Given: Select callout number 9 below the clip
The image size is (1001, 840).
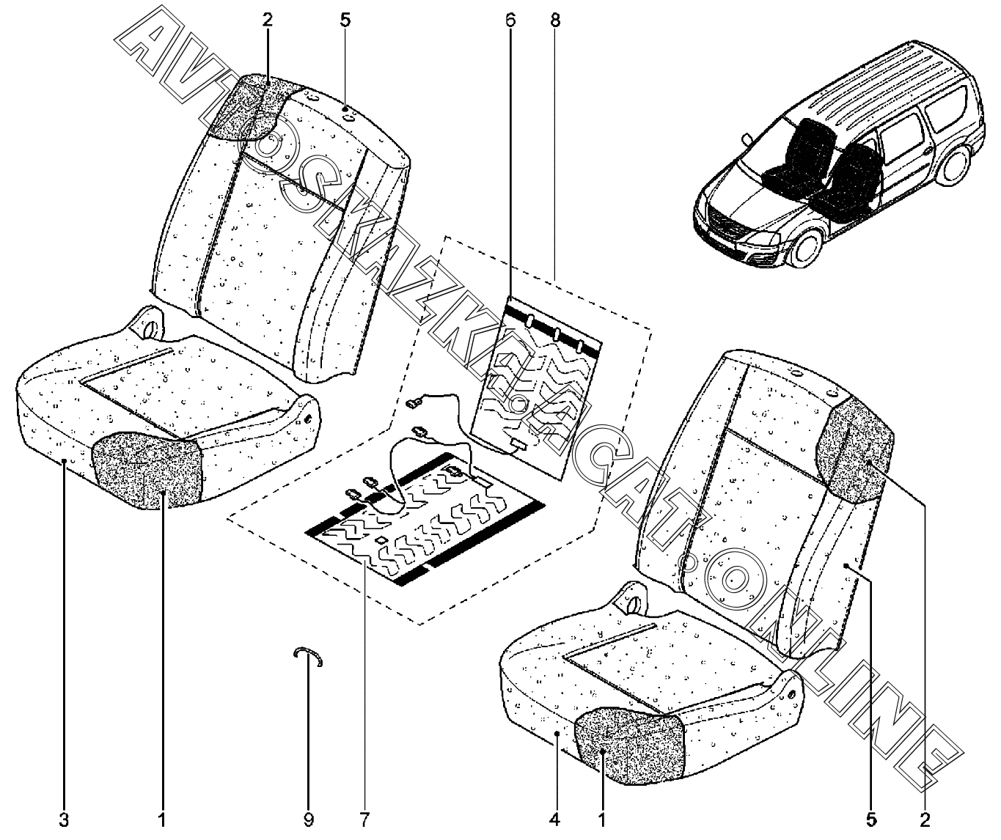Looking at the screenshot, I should tap(309, 819).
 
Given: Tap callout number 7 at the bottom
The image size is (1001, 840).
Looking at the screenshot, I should tap(365, 819).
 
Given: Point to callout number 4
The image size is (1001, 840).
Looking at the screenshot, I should tap(557, 819).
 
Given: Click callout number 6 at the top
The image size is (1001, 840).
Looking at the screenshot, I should tap(510, 20).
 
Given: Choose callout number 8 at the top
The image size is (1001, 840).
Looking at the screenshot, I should tap(555, 20).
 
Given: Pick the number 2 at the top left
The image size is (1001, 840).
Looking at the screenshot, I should tap(267, 20).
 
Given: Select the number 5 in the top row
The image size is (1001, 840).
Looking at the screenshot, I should tap(345, 20).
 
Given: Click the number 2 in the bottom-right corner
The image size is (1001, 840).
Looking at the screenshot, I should tap(925, 819).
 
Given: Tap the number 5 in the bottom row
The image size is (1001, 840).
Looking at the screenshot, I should tap(870, 819).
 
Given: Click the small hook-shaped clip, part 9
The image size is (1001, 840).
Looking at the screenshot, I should tap(309, 656).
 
